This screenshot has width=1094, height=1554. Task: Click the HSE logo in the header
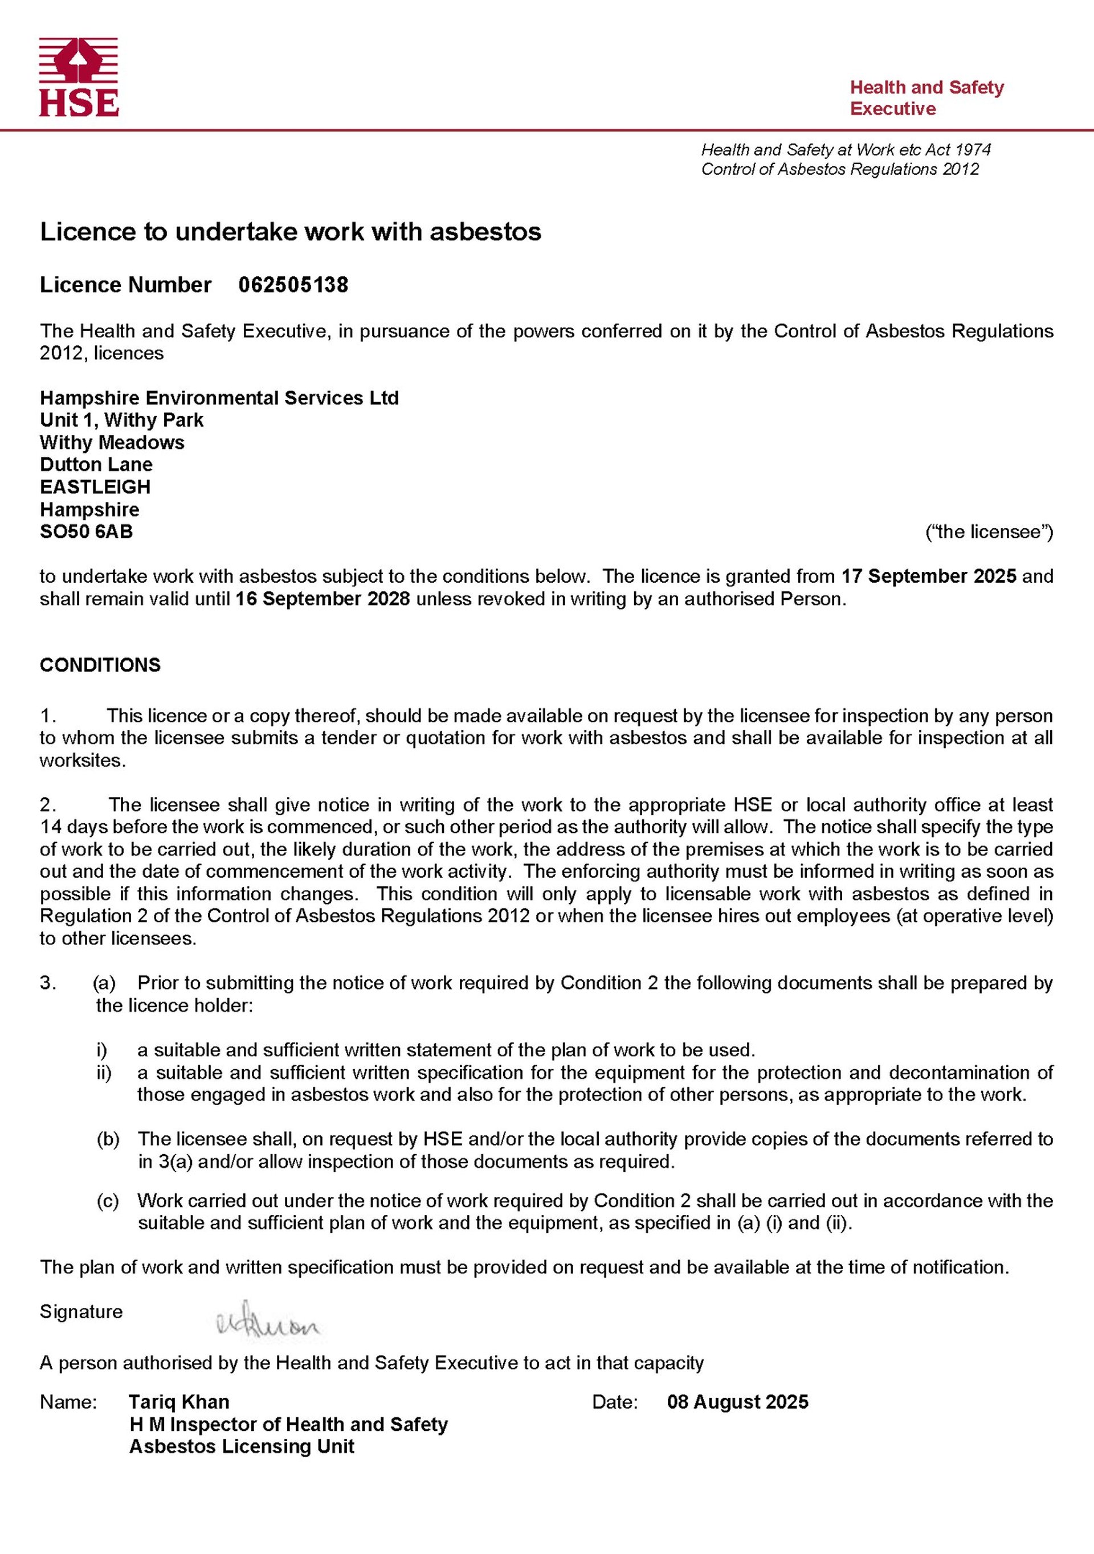(79, 76)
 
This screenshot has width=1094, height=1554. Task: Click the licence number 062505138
(293, 285)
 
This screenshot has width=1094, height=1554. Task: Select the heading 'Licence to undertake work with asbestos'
(291, 231)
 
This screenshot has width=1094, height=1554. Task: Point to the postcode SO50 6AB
(86, 531)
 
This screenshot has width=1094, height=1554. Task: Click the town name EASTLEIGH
(95, 486)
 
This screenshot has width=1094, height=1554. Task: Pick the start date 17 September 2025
(928, 576)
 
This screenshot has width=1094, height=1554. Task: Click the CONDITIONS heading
(100, 665)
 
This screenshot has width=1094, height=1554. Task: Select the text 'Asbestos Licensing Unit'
(242, 1446)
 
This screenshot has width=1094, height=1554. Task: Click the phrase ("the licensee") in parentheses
(989, 531)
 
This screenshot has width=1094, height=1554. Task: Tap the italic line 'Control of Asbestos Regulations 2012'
(839, 169)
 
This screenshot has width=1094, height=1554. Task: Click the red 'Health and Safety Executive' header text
(926, 97)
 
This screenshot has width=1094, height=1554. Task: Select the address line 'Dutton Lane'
(96, 464)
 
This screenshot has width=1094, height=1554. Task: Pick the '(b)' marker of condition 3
(108, 1139)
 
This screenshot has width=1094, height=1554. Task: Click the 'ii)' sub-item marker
(104, 1072)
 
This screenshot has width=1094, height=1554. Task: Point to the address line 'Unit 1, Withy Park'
(121, 420)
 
